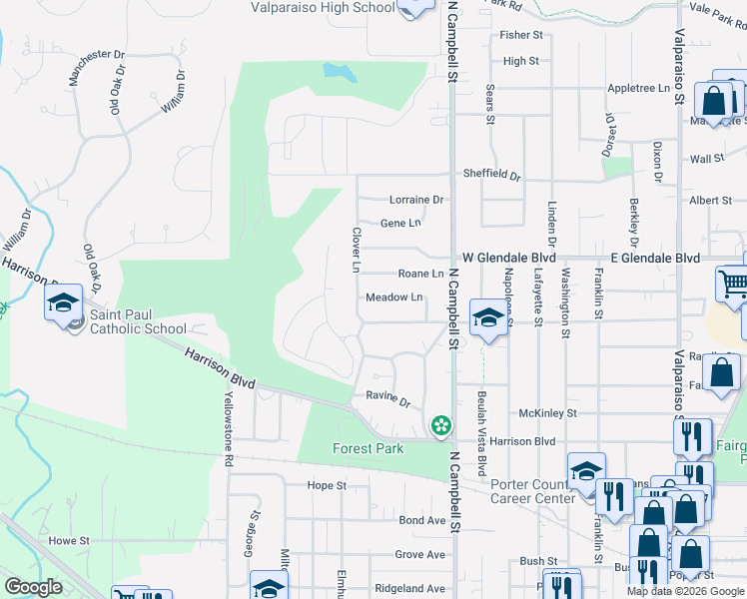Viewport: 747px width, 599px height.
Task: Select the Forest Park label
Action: [x=369, y=448]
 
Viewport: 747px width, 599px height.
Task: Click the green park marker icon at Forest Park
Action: [x=439, y=426]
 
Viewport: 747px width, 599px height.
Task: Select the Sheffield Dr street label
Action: [x=491, y=174]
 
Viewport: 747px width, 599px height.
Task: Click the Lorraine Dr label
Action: [x=415, y=200]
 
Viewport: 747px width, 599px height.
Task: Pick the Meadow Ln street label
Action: [x=394, y=298]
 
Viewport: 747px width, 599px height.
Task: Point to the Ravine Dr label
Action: [x=389, y=401]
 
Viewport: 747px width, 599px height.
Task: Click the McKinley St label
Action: [x=548, y=413]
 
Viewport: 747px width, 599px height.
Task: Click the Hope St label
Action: [x=326, y=486]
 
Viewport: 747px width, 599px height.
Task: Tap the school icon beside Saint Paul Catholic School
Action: [x=63, y=302]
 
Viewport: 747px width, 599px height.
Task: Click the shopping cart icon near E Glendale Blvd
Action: [x=732, y=284]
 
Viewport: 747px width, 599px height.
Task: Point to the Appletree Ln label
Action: [x=639, y=88]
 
